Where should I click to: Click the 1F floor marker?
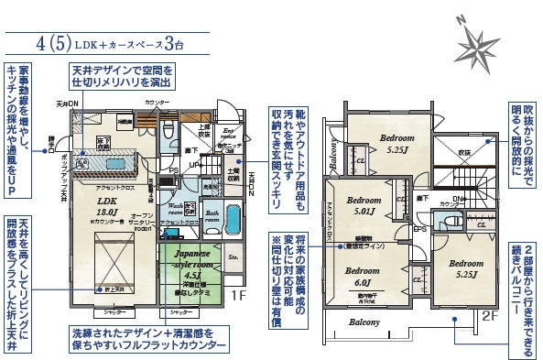[x=239, y=296]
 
